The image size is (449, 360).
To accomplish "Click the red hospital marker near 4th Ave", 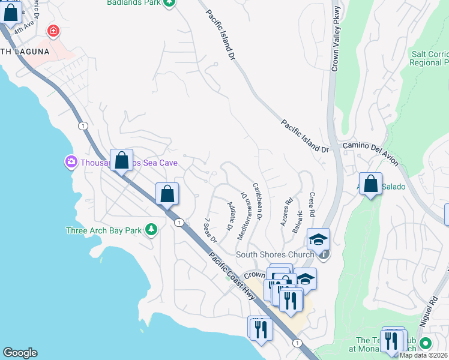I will click(54, 31).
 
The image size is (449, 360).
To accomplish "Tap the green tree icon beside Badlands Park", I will click(170, 3).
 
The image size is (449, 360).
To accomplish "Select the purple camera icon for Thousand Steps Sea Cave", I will click(71, 162).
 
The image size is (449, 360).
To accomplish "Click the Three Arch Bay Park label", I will click(103, 230).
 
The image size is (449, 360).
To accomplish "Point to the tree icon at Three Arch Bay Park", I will click(151, 230).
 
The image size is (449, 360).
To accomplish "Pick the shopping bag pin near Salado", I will click(371, 184).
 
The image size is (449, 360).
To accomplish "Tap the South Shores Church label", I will click(275, 254).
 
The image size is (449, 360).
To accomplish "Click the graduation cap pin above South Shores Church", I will click(318, 240).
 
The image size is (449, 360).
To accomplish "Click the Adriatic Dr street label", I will click(229, 217).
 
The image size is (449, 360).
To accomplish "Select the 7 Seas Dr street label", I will click(211, 230).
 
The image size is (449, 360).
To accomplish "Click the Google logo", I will click(19, 353).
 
